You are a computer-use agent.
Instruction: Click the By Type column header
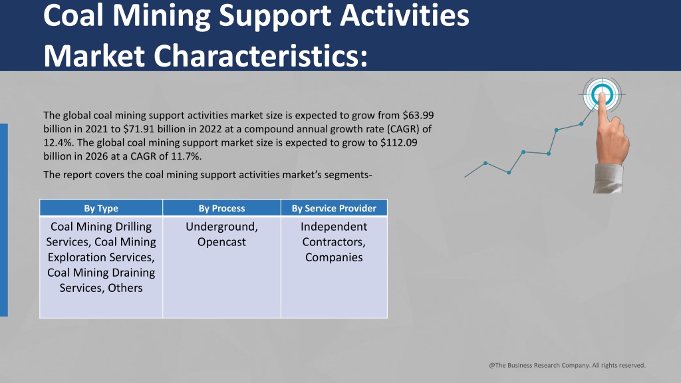(101, 208)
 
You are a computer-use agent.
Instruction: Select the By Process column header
(221, 208)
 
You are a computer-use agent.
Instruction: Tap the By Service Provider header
(334, 208)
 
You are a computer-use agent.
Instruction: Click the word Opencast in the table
(221, 242)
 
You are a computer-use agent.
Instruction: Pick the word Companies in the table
(334, 257)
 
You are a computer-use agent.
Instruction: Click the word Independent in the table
(334, 227)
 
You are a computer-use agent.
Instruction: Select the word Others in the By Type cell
(125, 288)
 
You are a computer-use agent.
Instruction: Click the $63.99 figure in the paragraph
(418, 116)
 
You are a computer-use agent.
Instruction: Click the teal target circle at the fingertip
(602, 94)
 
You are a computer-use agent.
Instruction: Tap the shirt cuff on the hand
(608, 178)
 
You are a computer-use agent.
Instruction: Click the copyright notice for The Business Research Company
(567, 365)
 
